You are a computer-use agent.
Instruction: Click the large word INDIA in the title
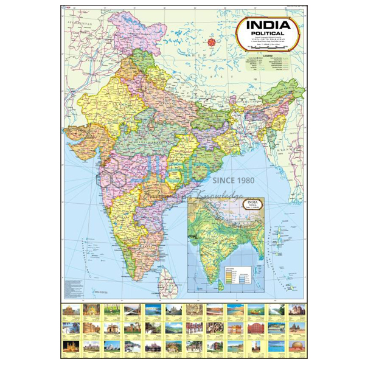coord(269,24)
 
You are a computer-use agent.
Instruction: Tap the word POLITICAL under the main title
coord(269,34)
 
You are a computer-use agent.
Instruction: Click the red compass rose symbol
coord(212,42)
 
